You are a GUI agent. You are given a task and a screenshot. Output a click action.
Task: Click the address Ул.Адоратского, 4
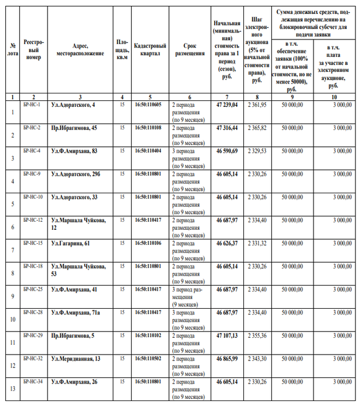coord(73,104)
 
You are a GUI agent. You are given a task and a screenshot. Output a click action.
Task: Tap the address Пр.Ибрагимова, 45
coord(74,127)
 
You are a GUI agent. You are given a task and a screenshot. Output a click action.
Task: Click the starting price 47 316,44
coord(227,127)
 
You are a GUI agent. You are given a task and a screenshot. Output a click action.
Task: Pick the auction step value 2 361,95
coord(255,104)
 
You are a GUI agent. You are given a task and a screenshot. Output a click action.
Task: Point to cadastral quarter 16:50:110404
coord(150,150)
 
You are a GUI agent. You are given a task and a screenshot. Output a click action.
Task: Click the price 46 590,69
coord(227,150)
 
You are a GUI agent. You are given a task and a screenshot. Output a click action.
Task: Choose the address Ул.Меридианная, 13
coord(75,359)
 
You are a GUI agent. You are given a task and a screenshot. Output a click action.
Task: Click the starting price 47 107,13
coord(227,335)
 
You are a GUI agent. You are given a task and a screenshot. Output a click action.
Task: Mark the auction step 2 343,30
coord(255,359)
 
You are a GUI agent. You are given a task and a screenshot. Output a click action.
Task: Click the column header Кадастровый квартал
coord(150,49)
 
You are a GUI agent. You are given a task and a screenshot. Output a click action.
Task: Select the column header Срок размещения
coord(189,49)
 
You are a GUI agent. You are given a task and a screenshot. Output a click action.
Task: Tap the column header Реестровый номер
coord(34,50)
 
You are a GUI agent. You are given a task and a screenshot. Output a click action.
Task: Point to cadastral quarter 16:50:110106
coord(150,243)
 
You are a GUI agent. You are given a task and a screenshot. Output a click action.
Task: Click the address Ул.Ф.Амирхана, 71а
coord(75,312)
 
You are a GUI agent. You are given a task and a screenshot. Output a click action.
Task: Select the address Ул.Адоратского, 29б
coord(75,174)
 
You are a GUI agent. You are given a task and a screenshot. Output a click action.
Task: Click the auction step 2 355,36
coord(255,335)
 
